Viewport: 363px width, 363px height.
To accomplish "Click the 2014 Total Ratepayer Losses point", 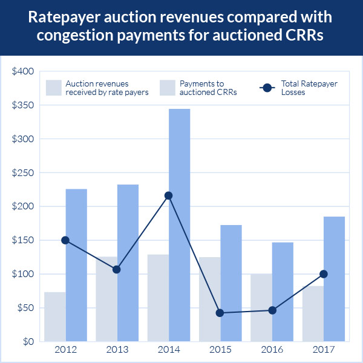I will tap(168, 195).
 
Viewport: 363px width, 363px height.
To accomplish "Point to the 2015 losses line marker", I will tap(220, 313).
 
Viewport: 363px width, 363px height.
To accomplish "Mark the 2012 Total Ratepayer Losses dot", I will tap(65, 240).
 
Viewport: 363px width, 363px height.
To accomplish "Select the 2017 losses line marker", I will tap(324, 274).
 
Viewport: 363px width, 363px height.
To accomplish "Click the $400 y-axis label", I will tap(23, 71).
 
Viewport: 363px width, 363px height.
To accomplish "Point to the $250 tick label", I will tap(23, 173).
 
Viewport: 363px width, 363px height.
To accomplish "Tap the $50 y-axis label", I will tap(25, 308).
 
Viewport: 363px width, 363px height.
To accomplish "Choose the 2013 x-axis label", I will tap(117, 351).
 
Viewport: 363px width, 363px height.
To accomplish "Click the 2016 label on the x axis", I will tap(272, 351).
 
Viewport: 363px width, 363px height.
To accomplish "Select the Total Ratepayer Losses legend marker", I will tap(268, 88).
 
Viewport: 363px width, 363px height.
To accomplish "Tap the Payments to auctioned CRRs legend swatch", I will tap(167, 88).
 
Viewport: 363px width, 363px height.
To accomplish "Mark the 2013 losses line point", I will tap(117, 269).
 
